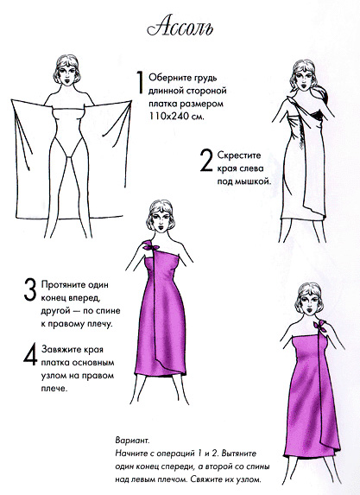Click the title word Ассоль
pyautogui.click(x=179, y=29)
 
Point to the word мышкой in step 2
pyautogui.click(x=252, y=182)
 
